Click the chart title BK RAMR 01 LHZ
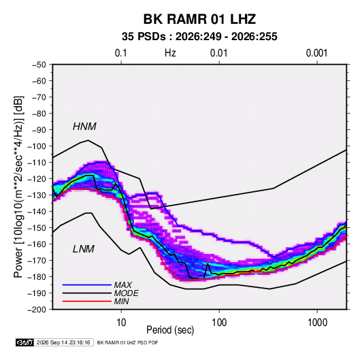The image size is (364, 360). pyautogui.click(x=199, y=19)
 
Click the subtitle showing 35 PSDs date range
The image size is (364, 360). pyautogui.click(x=199, y=37)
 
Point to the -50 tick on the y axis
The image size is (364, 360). pyautogui.click(x=39, y=65)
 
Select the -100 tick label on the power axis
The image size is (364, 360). pyautogui.click(x=37, y=146)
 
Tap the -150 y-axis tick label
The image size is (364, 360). pyautogui.click(x=37, y=228)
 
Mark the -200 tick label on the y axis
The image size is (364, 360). pyautogui.click(x=37, y=310)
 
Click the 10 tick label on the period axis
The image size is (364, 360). pyautogui.click(x=121, y=323)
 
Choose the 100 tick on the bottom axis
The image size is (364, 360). pyautogui.click(x=219, y=323)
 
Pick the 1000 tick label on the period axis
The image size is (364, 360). pyautogui.click(x=317, y=323)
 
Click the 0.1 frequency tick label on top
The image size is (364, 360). pyautogui.click(x=121, y=53)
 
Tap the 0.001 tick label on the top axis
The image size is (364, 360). pyautogui.click(x=316, y=53)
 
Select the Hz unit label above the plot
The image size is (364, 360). pyautogui.click(x=170, y=53)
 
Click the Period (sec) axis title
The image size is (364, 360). pyautogui.click(x=170, y=330)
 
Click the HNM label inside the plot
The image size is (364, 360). pyautogui.click(x=84, y=127)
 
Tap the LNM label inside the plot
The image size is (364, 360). pyautogui.click(x=84, y=249)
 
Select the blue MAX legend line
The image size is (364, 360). pyautogui.click(x=87, y=285)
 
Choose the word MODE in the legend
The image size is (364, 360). pyautogui.click(x=127, y=293)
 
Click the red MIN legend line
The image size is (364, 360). pyautogui.click(x=87, y=301)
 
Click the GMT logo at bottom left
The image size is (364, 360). pyautogui.click(x=24, y=342)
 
